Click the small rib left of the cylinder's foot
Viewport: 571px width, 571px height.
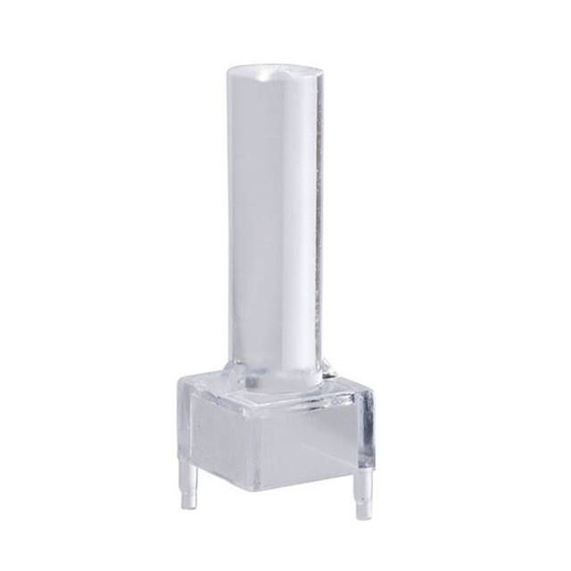pos(235,371)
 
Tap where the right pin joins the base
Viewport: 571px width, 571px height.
pos(364,478)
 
